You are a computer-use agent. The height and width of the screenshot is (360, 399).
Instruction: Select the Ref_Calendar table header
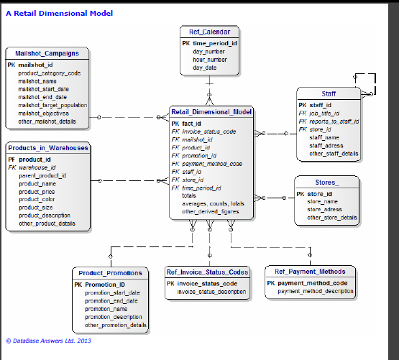click(209, 32)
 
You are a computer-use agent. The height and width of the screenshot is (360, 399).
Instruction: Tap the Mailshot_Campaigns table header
click(47, 53)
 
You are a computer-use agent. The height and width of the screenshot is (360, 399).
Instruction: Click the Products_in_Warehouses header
click(48, 148)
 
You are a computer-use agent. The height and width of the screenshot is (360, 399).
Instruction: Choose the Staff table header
click(328, 93)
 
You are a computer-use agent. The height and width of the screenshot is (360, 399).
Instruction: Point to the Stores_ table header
click(327, 183)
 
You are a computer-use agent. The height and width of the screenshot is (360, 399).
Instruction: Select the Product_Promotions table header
click(111, 273)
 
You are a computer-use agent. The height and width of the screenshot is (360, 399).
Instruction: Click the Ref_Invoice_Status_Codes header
click(208, 272)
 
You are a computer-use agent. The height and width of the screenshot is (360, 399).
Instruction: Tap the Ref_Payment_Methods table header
click(311, 272)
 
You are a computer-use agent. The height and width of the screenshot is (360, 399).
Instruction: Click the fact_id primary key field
click(191, 124)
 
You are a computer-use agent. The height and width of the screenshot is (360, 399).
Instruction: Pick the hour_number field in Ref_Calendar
click(209, 60)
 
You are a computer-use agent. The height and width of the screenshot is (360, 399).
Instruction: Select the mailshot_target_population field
click(52, 105)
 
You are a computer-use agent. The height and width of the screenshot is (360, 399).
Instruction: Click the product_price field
click(37, 191)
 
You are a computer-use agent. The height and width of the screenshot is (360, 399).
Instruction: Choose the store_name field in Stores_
click(323, 201)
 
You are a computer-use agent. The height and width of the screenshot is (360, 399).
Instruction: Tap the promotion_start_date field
click(112, 293)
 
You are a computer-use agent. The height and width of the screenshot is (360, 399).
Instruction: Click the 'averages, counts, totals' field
click(213, 203)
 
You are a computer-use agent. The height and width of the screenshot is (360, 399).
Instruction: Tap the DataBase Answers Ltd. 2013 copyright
click(48, 341)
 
